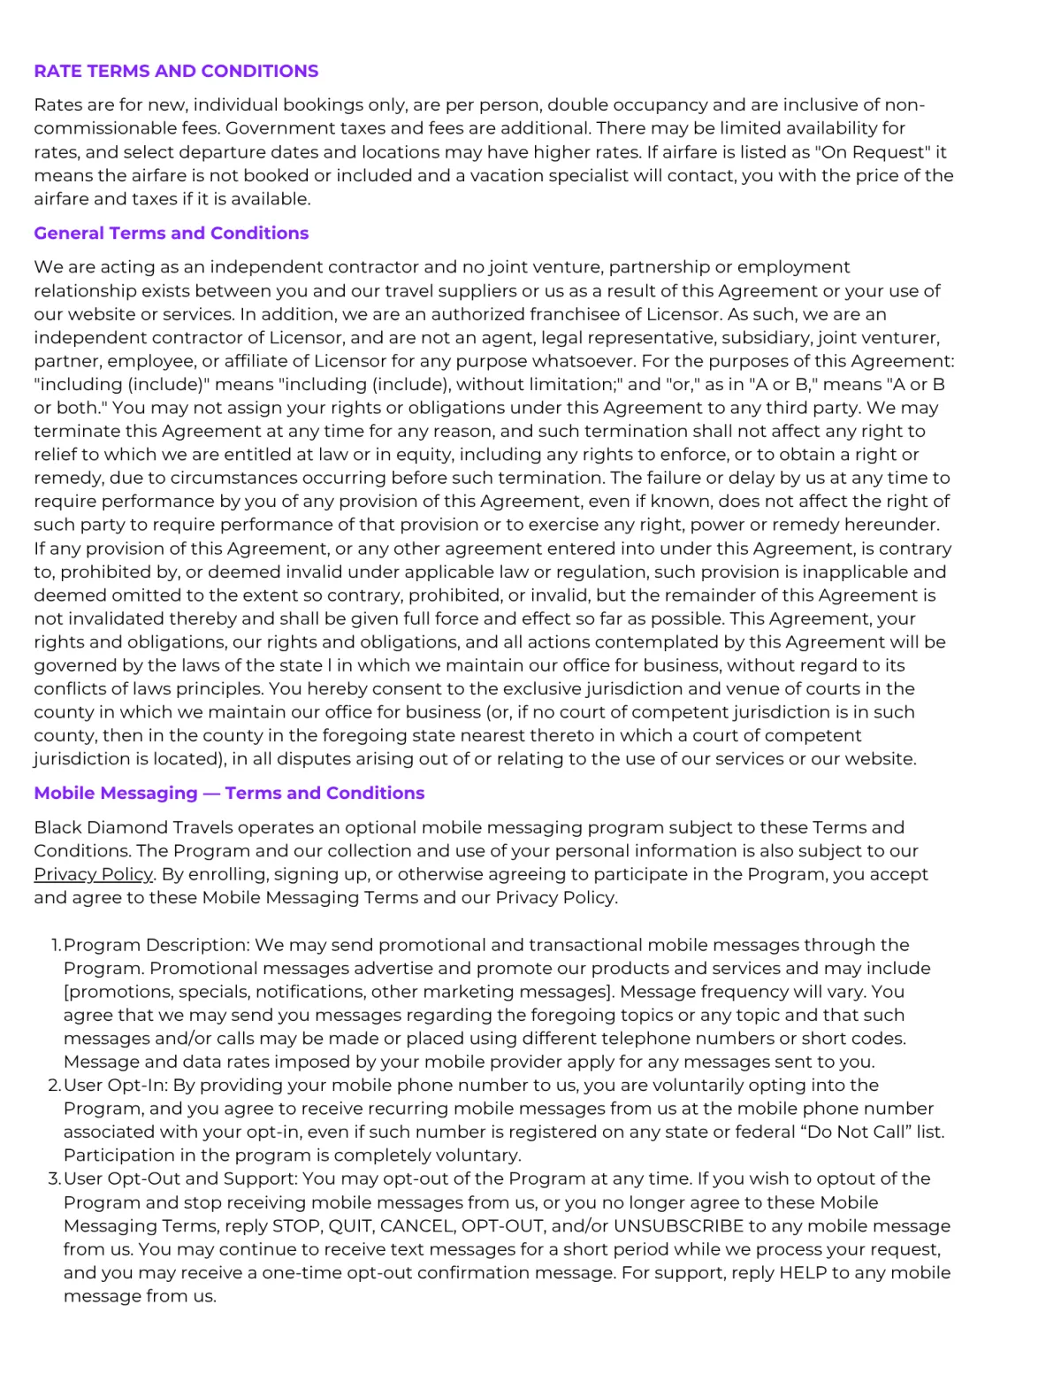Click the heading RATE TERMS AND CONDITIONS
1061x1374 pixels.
tap(176, 71)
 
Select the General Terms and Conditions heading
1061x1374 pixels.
tap(171, 233)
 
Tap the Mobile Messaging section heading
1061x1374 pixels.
tap(229, 793)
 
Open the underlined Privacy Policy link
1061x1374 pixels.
tap(94, 874)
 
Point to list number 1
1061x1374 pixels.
tap(56, 945)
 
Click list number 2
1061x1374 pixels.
tap(55, 1085)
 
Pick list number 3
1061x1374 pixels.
tap(55, 1178)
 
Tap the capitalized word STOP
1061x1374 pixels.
tap(296, 1226)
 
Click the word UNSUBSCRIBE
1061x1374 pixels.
tap(678, 1226)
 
